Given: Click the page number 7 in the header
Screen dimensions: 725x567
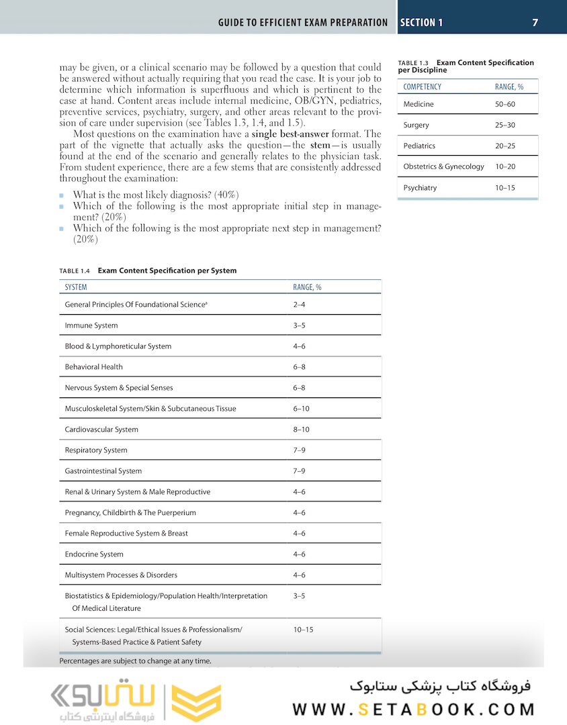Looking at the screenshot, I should click(x=535, y=22).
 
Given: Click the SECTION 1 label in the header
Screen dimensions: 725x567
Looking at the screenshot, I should click(x=421, y=22).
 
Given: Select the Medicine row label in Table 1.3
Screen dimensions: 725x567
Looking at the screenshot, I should click(x=419, y=104).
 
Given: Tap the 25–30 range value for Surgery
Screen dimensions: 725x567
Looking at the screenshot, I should click(x=505, y=125).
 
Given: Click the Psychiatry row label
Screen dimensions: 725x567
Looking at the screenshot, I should click(x=420, y=188).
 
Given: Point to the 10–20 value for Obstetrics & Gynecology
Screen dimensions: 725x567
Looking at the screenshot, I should click(x=505, y=166).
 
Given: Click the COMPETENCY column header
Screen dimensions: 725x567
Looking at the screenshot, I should click(x=423, y=87).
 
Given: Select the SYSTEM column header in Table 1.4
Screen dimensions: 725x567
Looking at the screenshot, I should click(x=76, y=287).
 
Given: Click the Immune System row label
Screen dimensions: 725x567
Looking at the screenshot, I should click(x=91, y=326).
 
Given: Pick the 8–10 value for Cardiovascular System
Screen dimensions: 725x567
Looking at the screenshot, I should click(x=300, y=430).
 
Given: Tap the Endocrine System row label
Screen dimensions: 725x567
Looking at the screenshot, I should click(x=94, y=554).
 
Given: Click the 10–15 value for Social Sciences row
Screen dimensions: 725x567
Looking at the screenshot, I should click(x=303, y=630).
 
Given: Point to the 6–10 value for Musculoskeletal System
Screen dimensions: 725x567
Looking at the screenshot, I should click(x=301, y=409).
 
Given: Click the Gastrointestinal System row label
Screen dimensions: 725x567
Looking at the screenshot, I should click(x=103, y=471).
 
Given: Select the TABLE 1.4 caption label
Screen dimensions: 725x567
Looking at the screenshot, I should click(x=75, y=271).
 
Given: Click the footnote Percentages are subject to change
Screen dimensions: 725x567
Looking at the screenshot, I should click(x=135, y=661).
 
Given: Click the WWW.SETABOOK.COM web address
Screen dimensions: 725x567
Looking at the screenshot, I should click(x=414, y=710).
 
